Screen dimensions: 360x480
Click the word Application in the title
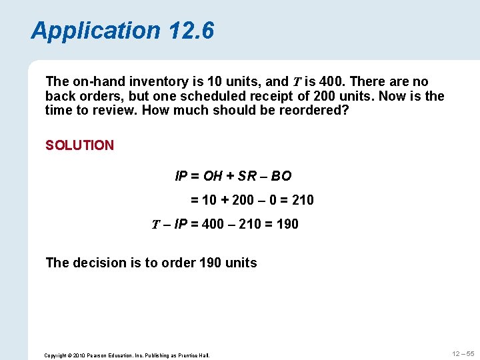[x=96, y=31]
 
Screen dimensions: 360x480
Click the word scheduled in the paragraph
[x=210, y=96]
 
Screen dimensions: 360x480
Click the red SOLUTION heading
[x=79, y=145]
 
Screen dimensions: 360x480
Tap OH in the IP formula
[x=213, y=177]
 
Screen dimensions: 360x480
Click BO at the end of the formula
[x=281, y=177]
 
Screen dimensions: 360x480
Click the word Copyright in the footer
[x=55, y=355]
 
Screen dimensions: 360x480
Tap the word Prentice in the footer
[x=189, y=355]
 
